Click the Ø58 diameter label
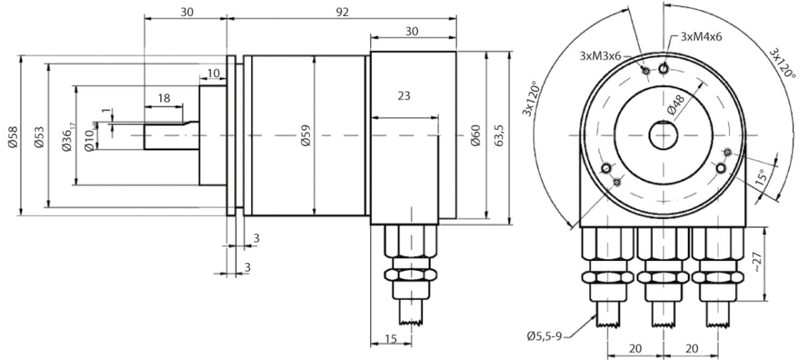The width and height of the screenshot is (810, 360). [x=12, y=136]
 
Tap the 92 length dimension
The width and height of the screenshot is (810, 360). [x=342, y=12]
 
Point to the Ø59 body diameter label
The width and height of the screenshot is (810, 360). [x=306, y=135]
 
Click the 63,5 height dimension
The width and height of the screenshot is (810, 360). [x=499, y=135]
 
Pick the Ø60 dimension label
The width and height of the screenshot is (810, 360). [x=476, y=135]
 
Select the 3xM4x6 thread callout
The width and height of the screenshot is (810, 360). [x=701, y=37]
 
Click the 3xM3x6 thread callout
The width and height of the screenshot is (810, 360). [x=600, y=56]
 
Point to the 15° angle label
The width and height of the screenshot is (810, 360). [x=761, y=177]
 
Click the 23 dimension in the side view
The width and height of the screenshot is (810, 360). [x=404, y=96]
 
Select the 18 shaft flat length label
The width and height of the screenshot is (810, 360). [x=164, y=98]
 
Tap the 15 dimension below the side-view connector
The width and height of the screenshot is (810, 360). [x=390, y=338]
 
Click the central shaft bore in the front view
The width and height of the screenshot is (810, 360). [x=664, y=135]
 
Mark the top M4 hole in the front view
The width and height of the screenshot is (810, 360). [x=663, y=68]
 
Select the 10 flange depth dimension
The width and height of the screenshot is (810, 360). [x=213, y=73]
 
